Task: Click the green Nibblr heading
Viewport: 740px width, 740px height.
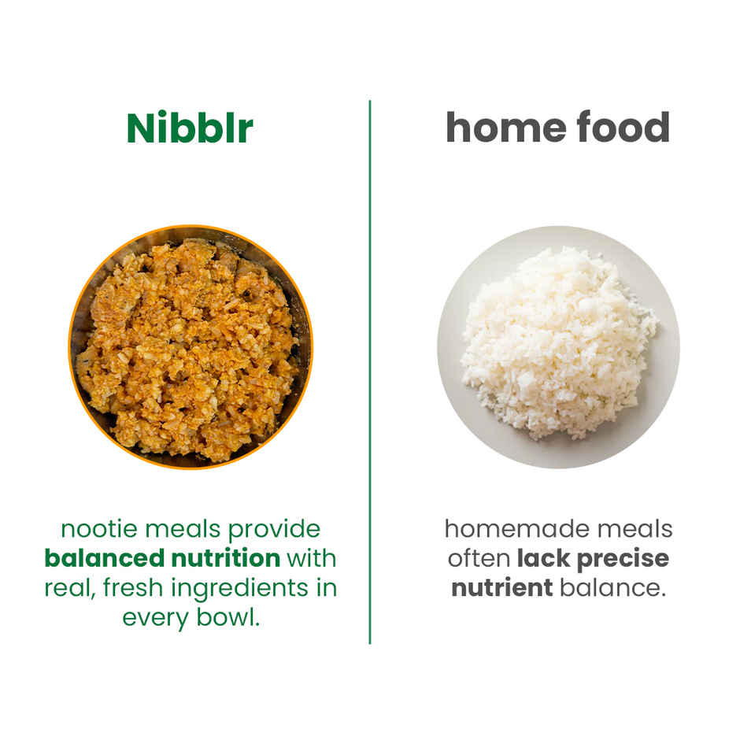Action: tap(190, 128)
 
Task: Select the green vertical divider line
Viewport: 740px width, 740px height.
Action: tap(370, 370)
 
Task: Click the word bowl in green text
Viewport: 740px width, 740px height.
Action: tap(231, 617)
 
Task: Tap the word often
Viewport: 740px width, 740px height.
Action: tap(479, 558)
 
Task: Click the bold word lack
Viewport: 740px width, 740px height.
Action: tap(544, 558)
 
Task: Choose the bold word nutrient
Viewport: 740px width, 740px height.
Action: tap(502, 588)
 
